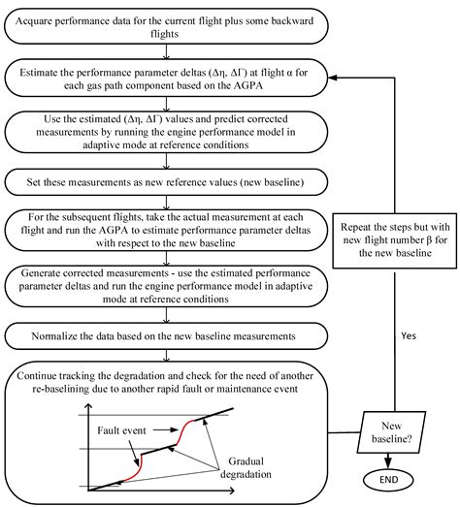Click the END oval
coord(388,480)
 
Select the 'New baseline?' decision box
coord(391,432)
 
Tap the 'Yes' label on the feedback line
coord(409,335)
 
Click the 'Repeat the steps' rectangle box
coord(395,240)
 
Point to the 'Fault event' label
coord(121,430)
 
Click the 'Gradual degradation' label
coord(246,467)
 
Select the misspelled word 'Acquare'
coord(31,21)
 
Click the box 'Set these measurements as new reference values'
coord(166,182)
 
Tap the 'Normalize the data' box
coord(166,336)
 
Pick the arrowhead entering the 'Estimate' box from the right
coord(333,78)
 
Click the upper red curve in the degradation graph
coord(184,431)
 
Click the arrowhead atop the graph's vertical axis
coord(89,406)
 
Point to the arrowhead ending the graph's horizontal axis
coord(231,491)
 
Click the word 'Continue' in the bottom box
coord(37,376)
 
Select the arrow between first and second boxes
coord(166,51)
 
